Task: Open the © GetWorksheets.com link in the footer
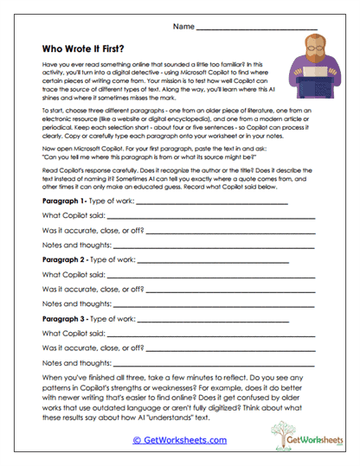[179, 439]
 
